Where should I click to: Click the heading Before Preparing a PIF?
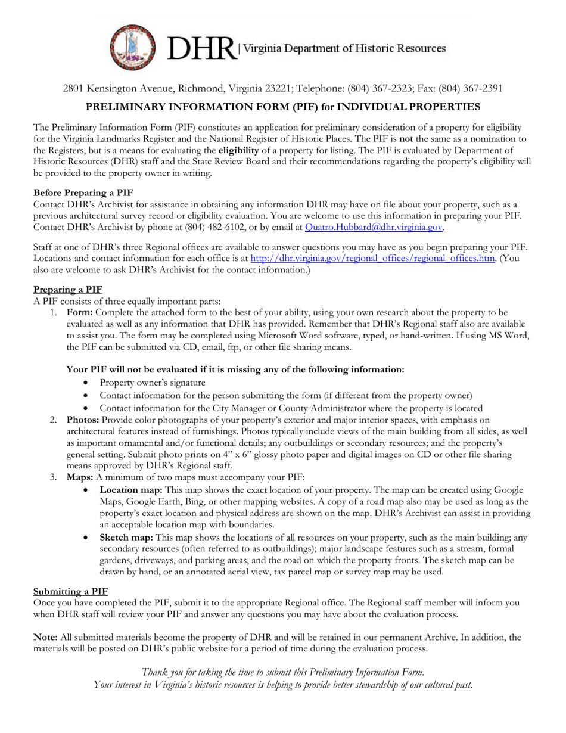point(83,192)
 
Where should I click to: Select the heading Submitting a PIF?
point(71,591)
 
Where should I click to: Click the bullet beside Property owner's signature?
point(88,383)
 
